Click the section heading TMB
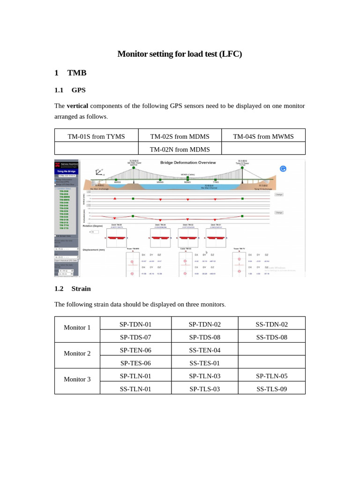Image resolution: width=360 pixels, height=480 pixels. [77, 73]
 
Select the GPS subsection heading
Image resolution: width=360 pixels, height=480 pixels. [78, 90]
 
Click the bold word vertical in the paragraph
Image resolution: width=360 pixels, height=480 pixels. [77, 105]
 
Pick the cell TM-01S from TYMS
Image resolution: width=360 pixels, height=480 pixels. [96, 136]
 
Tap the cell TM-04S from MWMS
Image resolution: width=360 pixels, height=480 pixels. [263, 136]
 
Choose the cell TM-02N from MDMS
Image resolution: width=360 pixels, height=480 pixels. [180, 150]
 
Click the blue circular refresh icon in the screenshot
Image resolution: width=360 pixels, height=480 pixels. [283, 169]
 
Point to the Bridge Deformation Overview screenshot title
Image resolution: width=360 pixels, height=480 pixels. [188, 163]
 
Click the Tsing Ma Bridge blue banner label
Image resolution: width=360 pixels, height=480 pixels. [66, 172]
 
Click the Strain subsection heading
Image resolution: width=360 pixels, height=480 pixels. [81, 289]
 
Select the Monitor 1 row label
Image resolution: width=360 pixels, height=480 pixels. [77, 328]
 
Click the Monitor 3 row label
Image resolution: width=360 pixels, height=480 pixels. [77, 379]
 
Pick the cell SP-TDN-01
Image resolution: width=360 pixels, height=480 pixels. [135, 324]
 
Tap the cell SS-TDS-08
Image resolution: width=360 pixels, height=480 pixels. [271, 337]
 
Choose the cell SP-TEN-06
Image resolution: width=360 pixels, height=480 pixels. [135, 350]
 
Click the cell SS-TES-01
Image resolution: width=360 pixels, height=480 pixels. [204, 363]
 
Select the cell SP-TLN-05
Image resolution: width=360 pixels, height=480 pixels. [271, 376]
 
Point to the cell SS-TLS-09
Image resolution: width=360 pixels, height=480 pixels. [271, 389]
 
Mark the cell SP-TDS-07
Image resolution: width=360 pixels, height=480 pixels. [135, 337]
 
